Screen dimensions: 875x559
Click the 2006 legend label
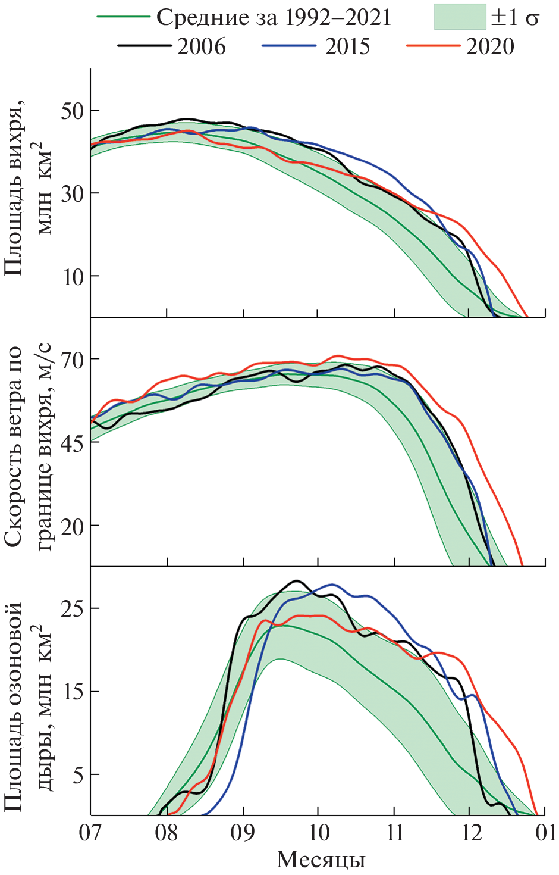201,46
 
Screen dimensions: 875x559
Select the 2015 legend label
347,46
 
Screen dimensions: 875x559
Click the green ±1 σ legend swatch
460,17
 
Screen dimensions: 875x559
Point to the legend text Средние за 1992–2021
274,18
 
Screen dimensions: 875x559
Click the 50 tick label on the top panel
72,111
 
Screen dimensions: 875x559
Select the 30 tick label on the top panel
72,193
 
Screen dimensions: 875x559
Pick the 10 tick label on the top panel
72,276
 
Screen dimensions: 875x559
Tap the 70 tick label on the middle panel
72,360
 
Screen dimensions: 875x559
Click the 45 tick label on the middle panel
72,442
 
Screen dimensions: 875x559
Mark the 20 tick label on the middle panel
72,526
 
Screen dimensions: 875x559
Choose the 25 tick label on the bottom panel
72,608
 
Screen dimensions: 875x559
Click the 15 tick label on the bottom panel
72,692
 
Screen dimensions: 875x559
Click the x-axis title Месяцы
321,860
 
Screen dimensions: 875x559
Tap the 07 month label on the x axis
90,832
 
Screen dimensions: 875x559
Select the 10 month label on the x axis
319,832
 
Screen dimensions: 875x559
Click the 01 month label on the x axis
545,832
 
